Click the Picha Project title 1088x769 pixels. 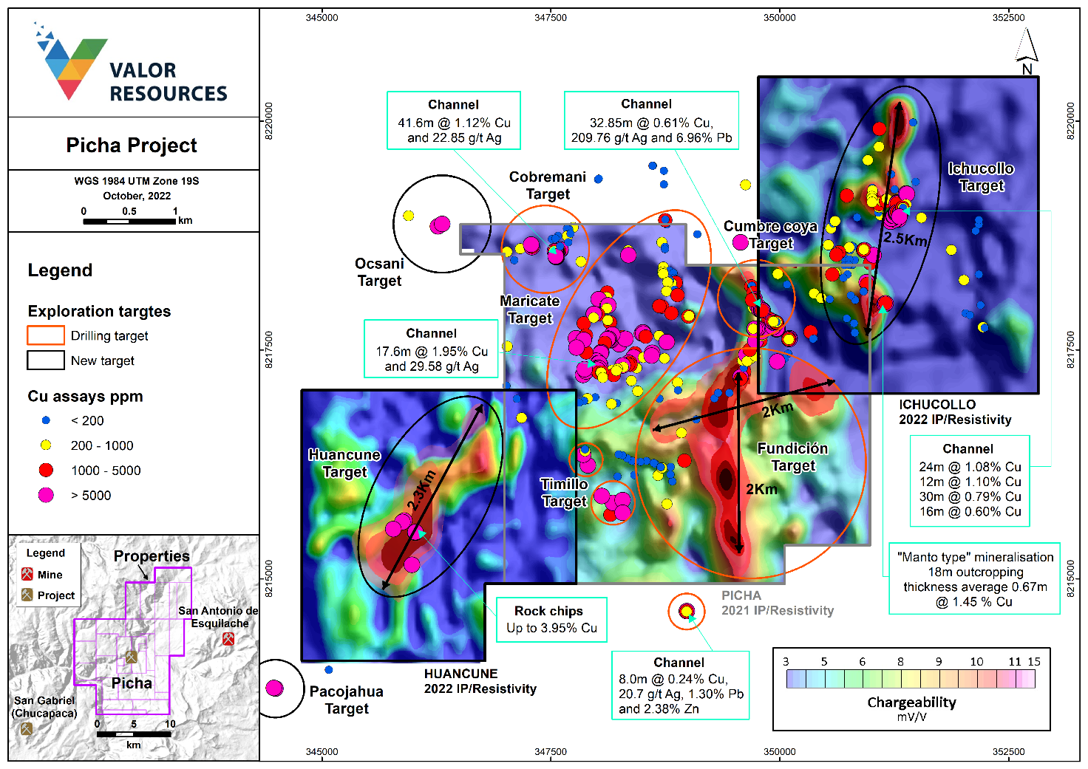[132, 145]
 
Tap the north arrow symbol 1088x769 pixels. [1027, 49]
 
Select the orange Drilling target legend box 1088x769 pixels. [46, 335]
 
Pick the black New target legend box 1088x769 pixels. [46, 360]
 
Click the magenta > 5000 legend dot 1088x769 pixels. [46, 495]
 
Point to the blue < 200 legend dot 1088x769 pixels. [46, 420]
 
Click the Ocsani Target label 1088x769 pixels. [379, 272]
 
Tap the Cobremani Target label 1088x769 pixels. [548, 185]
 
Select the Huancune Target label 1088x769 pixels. [344, 463]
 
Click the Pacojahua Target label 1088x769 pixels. [347, 700]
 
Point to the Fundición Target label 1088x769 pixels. [792, 457]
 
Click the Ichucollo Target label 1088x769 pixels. [981, 177]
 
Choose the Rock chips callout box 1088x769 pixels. [551, 619]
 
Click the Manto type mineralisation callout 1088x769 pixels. [975, 579]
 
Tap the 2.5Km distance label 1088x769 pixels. [905, 239]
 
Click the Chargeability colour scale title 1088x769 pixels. [911, 703]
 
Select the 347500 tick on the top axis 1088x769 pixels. [551, 18]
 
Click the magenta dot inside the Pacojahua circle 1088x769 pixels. [274, 688]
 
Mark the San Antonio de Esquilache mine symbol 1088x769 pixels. [228, 639]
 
